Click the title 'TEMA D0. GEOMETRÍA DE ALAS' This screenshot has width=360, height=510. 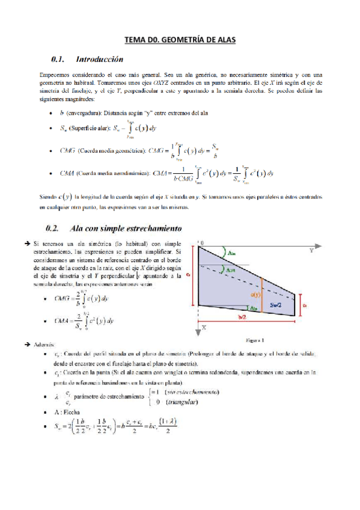(x=180, y=40)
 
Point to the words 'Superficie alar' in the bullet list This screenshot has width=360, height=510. (x=88, y=129)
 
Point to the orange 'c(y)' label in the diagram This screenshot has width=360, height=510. (x=255, y=294)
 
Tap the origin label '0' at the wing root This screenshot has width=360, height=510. (x=202, y=242)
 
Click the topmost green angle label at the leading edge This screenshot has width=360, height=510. (x=232, y=253)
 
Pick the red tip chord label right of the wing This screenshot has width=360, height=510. (x=305, y=305)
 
